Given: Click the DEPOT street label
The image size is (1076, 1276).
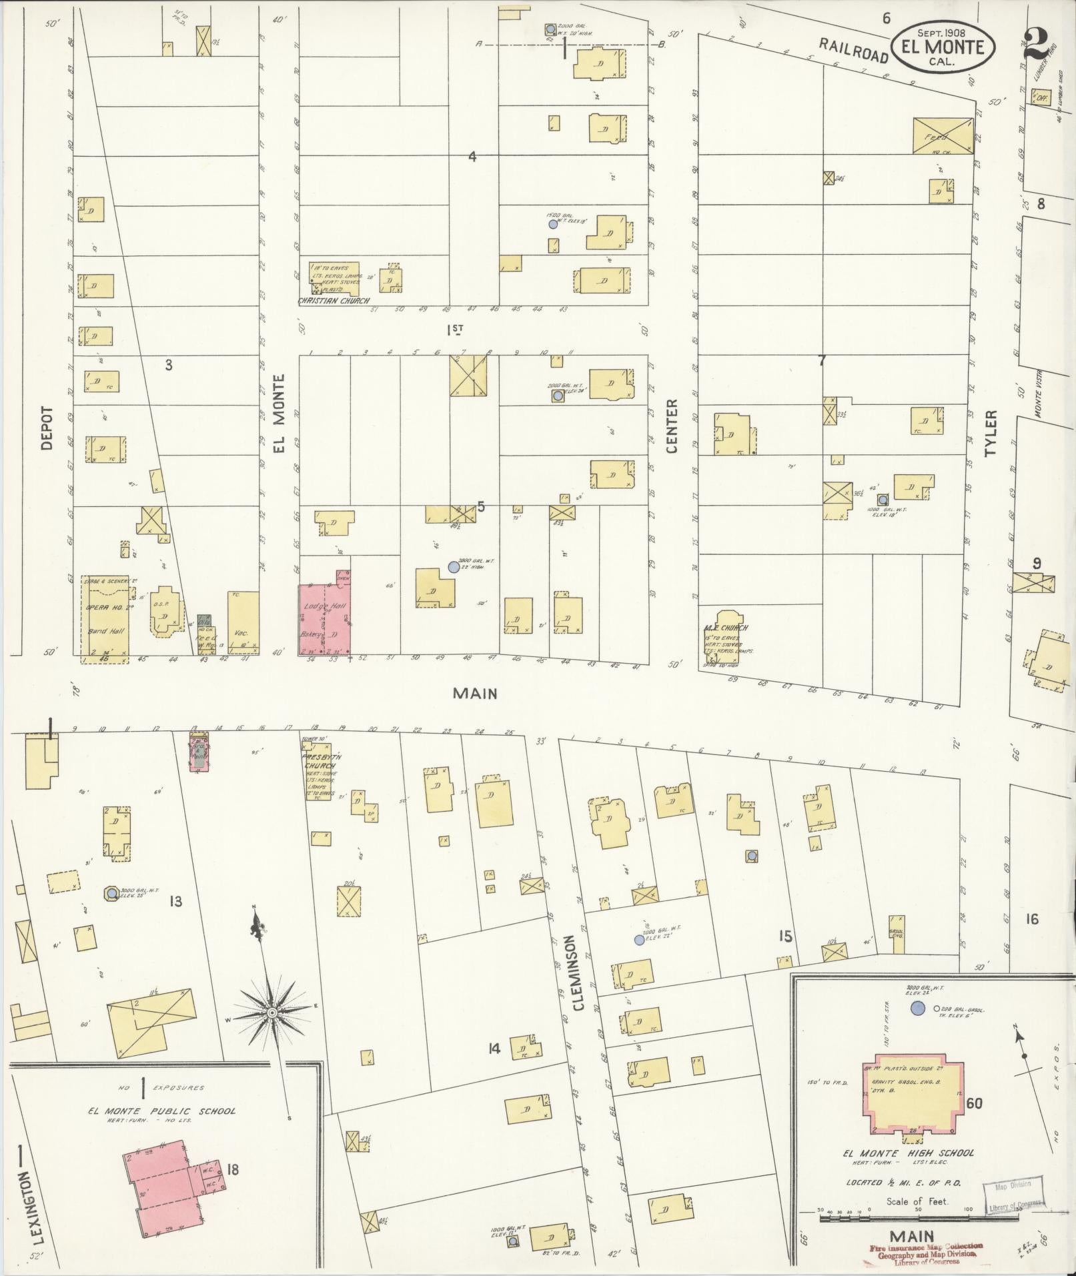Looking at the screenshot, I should pyautogui.click(x=47, y=428).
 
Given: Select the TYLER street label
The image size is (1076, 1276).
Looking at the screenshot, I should pyautogui.click(x=991, y=434).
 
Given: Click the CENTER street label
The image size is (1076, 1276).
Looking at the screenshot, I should pyautogui.click(x=671, y=426).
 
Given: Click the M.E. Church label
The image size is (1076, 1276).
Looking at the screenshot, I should pyautogui.click(x=726, y=628).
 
